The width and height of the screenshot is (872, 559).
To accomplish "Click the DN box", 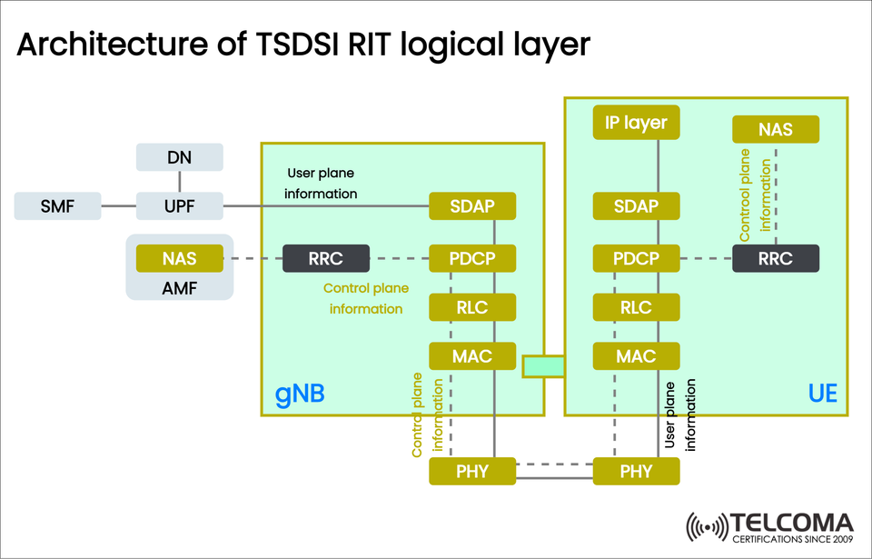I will coord(179,157).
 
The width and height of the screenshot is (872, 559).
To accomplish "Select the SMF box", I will coord(57,206).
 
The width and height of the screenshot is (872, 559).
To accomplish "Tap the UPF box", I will coord(179,206).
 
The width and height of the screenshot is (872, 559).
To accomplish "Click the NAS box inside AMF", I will coord(179,259).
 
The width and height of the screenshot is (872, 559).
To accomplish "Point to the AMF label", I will coord(179,288).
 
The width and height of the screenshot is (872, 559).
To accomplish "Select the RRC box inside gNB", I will coord(325,259).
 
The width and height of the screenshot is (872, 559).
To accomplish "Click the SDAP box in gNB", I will coord(472,206).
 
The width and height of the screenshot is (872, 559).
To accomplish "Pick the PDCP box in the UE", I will coord(636,259).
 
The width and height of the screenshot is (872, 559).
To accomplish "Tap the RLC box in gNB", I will coord(472,307).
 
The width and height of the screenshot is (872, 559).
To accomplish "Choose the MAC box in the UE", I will coord(636,356).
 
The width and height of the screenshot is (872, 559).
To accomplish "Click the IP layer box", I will coord(636,123).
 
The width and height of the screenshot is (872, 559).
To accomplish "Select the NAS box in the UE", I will coord(776,129).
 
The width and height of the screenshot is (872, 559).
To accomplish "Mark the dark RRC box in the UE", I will coord(776,259).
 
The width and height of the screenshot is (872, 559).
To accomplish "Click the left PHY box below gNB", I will coord(472,471).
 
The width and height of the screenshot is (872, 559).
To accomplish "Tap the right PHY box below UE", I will coord(636,471).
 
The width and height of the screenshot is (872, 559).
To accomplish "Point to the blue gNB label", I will coord(300,394).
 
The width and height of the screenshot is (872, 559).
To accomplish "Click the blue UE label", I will coord(822,394).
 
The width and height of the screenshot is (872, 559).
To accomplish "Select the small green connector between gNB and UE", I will coord(543,365).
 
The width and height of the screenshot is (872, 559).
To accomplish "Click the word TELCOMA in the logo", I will coord(792,524).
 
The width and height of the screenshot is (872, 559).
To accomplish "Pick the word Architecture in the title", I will coord(108,45).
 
